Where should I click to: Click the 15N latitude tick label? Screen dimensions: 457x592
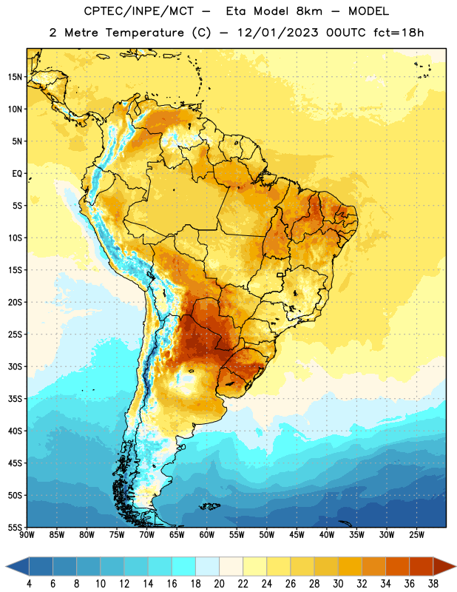15,77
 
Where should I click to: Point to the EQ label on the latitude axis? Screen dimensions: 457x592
17,174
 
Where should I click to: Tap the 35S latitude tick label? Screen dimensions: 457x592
15,399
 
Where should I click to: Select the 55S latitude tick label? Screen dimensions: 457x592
15,527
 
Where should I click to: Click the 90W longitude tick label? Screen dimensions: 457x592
27,535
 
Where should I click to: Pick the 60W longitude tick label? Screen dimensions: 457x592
207,535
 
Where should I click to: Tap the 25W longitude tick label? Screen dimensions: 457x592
416,535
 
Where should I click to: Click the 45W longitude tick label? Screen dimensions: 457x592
297,535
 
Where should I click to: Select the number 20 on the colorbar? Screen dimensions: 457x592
219,584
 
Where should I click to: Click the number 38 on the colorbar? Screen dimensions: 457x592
433,584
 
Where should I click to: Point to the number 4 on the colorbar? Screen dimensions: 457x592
29,584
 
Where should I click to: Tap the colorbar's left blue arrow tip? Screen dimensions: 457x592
6,566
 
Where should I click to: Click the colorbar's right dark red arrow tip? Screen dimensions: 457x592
456,566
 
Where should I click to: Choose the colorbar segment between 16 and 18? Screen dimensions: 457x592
183,566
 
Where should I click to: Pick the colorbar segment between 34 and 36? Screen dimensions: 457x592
397,566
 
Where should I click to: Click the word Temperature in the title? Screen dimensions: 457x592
144,33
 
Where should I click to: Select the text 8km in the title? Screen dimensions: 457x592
309,11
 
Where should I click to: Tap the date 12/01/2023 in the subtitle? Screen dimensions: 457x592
278,33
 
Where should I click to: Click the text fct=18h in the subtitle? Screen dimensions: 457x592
399,33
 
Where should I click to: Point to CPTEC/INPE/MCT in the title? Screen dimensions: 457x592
139,11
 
